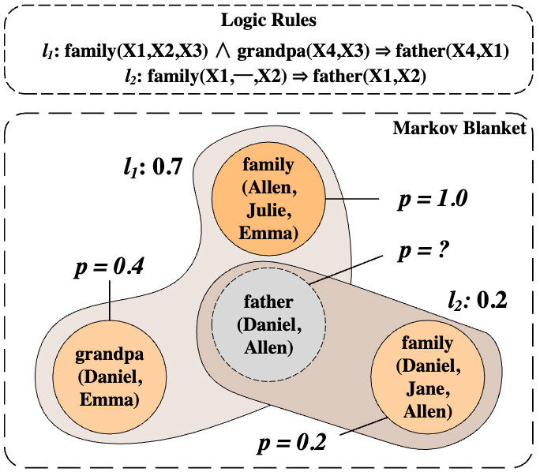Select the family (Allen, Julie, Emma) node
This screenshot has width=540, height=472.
pos(270,199)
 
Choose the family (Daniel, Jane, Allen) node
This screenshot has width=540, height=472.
pos(427,376)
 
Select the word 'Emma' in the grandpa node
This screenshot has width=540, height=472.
pos(111,400)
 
